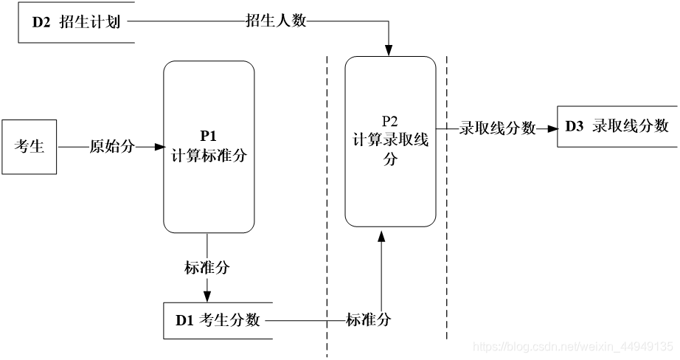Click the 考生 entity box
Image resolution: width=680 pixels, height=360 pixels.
[x=30, y=147]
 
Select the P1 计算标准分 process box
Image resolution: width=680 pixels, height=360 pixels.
[x=209, y=147]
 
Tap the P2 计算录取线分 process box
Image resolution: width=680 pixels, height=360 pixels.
[x=390, y=141]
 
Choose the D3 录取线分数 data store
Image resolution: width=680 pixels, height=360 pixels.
[x=617, y=126]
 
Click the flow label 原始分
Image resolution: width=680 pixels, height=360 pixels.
[x=112, y=147]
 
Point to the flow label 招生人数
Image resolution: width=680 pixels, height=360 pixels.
[x=276, y=22]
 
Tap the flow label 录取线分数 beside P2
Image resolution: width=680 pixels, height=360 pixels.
[x=498, y=128]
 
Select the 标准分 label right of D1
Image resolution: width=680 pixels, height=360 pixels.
[x=369, y=320]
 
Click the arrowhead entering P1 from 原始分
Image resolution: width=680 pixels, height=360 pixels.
[x=159, y=147]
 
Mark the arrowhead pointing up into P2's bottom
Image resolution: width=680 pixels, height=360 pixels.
[x=381, y=235]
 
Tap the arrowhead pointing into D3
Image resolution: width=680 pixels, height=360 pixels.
[x=552, y=128]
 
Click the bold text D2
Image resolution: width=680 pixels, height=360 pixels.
[x=41, y=22]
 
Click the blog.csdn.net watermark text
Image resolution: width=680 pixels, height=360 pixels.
[x=572, y=346]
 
